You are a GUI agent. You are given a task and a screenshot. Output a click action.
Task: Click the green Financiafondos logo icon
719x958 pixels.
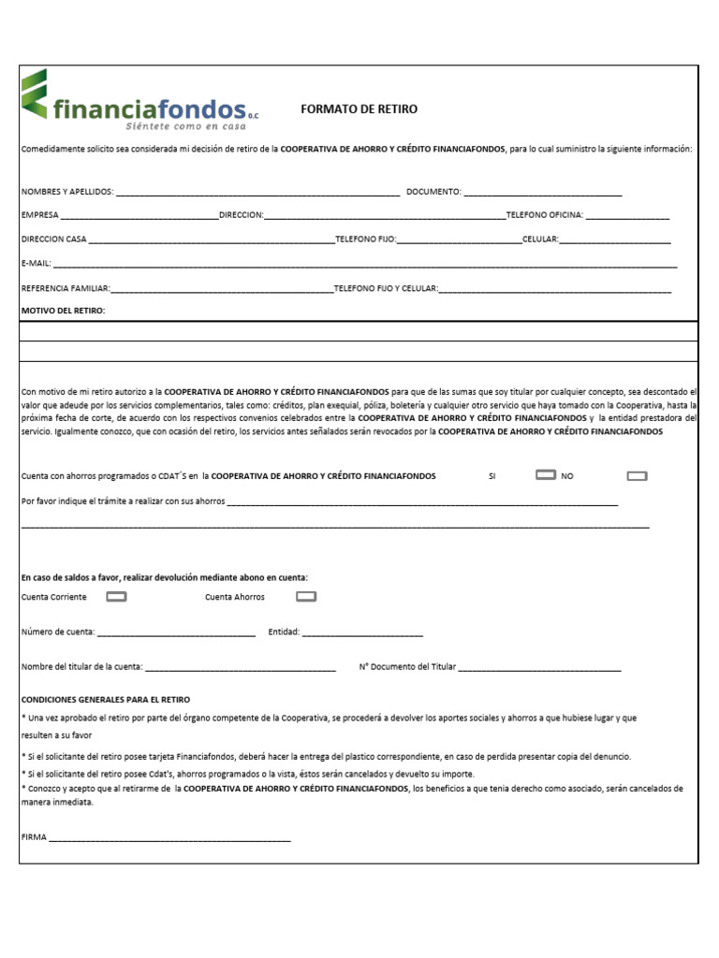pos(35,94)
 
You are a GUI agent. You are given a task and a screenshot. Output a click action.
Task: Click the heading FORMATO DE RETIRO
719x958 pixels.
pos(359,109)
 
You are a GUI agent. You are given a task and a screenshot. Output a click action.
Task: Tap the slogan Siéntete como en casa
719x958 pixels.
pos(186,124)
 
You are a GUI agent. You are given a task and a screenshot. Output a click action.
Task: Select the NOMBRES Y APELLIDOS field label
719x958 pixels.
pos(66,192)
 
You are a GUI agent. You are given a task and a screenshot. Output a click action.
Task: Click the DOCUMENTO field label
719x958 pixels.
pos(433,192)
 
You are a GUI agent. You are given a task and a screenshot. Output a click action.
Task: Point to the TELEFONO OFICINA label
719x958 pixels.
pos(545,215)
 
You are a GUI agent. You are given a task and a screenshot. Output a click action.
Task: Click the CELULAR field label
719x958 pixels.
pos(540,239)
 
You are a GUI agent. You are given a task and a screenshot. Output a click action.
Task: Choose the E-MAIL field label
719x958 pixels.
pos(36,264)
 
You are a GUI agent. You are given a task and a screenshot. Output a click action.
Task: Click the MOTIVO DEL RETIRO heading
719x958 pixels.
pos(63,310)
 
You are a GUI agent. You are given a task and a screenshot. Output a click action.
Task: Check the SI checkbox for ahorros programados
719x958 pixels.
pos(546,475)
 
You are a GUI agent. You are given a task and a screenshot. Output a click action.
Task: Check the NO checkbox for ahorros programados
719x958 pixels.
pos(637,476)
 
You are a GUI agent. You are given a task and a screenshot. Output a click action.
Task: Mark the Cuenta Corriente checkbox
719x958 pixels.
pos(117,597)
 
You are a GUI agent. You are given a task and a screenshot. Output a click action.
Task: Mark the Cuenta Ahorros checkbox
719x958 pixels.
pos(306,597)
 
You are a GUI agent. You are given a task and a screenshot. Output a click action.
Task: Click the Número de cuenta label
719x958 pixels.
pos(57,632)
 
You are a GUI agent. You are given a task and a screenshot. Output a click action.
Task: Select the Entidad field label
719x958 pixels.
pos(284,632)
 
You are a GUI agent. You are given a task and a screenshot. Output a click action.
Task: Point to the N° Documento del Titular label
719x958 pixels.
pos(407,667)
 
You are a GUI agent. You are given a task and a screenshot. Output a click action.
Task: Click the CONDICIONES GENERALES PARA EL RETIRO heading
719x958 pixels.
pos(105,700)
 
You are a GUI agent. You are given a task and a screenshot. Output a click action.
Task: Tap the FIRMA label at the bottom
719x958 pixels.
pos(34,838)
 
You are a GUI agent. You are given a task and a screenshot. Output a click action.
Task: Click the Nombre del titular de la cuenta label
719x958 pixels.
pos(81,667)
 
